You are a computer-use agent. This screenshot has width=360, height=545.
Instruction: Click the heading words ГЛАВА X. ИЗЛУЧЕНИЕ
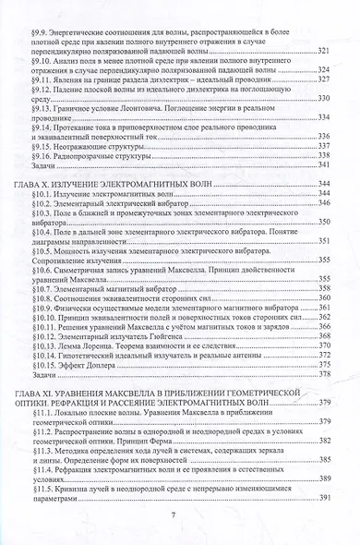point(78,186)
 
